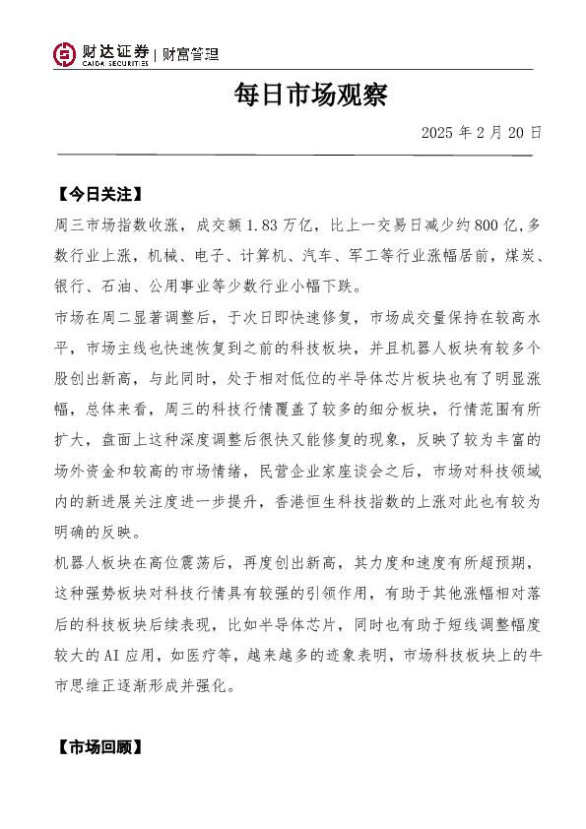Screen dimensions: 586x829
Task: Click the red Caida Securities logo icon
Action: pos(64,55)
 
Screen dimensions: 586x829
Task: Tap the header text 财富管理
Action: pos(190,54)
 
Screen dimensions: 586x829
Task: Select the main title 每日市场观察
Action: pos(310,96)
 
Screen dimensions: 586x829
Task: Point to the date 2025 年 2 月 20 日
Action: pos(482,132)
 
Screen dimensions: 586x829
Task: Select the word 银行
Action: pos(71,287)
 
